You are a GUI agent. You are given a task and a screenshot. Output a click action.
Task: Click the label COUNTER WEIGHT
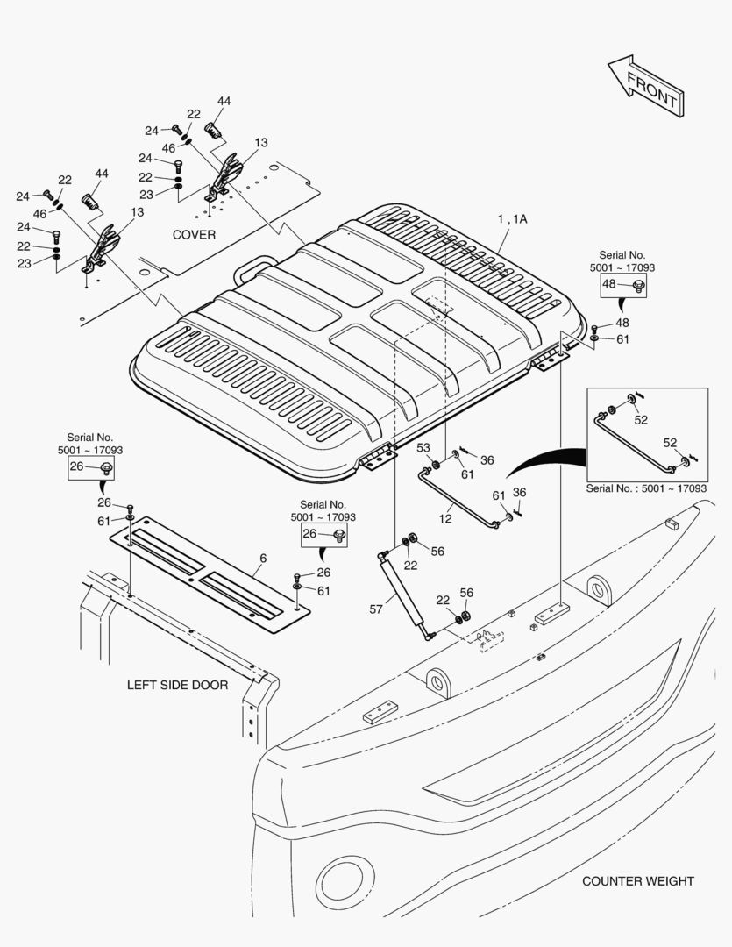(637, 881)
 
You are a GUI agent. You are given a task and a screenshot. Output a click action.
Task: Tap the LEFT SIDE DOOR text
(177, 685)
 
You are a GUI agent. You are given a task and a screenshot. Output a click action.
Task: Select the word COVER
(194, 235)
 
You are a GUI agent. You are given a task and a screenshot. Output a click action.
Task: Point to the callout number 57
(375, 609)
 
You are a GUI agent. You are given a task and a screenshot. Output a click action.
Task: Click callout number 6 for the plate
(263, 558)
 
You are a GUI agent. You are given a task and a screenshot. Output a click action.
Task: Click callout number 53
(423, 448)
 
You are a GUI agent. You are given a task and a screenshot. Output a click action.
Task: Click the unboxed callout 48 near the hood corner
(622, 323)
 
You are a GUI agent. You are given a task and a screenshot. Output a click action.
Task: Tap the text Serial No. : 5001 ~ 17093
(647, 488)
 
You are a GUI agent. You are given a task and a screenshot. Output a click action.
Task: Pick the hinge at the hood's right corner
(549, 358)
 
